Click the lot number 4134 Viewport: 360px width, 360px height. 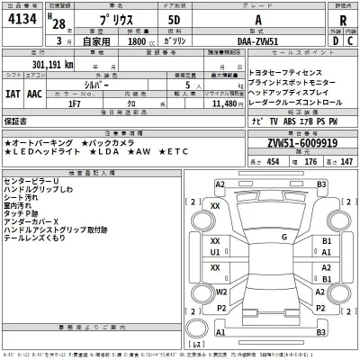coord(22,20)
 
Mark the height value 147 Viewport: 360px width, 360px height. coord(346,161)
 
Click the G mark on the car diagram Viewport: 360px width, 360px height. coord(284,238)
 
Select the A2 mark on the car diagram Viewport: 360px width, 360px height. coord(220,184)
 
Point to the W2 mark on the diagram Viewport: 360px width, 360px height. coord(220,292)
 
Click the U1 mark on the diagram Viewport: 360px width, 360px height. coord(214,254)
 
